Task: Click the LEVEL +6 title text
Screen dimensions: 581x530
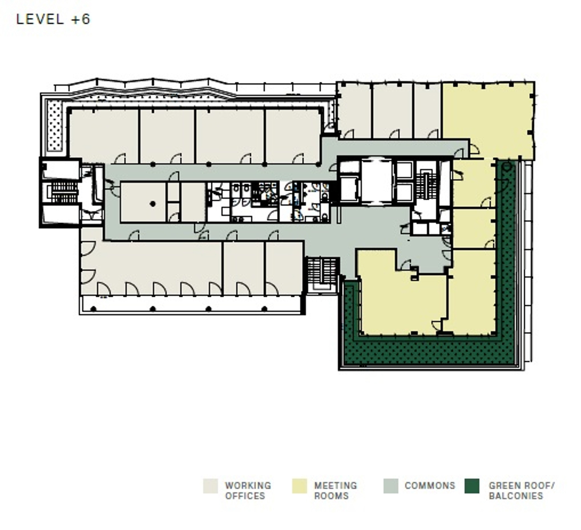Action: point(53,19)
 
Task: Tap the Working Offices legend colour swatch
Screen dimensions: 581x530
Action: point(210,486)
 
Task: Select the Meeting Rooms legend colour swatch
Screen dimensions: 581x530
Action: point(299,486)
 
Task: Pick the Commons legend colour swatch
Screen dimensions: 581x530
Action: point(390,486)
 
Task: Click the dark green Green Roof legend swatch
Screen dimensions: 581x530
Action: point(472,486)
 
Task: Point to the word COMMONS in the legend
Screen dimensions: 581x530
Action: point(430,485)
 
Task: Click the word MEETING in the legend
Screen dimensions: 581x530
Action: point(336,485)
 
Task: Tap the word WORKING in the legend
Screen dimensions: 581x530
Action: point(248,485)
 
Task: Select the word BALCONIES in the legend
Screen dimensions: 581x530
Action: point(516,496)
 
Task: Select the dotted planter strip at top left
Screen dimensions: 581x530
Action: point(55,126)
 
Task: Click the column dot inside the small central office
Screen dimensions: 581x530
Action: point(153,204)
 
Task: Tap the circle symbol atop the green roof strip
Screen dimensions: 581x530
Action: point(507,166)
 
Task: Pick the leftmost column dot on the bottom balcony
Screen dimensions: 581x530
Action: point(93,309)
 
